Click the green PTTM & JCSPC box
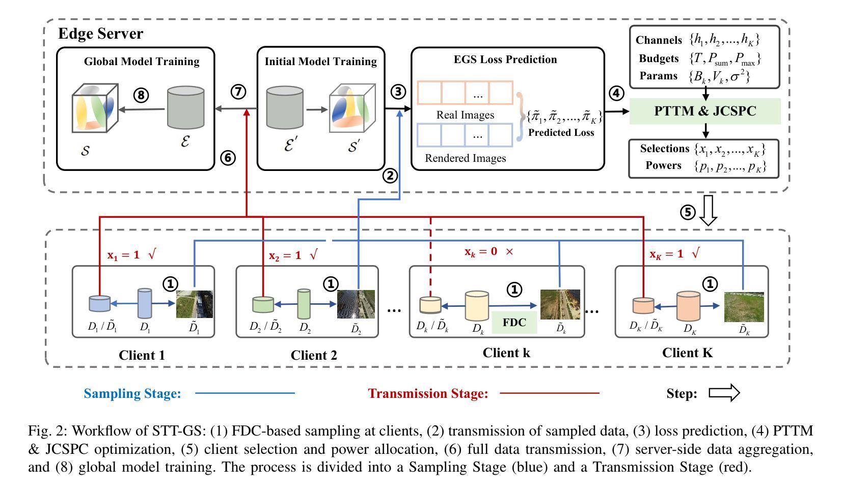(x=705, y=111)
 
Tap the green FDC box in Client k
(x=514, y=322)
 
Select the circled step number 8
(x=141, y=95)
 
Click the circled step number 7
(x=238, y=92)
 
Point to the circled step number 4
(x=616, y=93)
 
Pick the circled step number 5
(x=688, y=212)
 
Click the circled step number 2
(x=390, y=176)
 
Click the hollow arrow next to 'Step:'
(x=724, y=393)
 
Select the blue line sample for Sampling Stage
(x=245, y=393)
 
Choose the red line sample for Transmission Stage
(x=549, y=393)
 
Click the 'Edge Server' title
(x=100, y=34)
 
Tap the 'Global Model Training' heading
(x=142, y=62)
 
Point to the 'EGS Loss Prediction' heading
(x=505, y=60)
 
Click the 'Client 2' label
(x=314, y=355)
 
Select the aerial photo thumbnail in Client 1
(x=195, y=304)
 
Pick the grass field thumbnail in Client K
(x=744, y=307)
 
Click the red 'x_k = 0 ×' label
(x=488, y=251)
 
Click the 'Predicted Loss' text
(x=561, y=133)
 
